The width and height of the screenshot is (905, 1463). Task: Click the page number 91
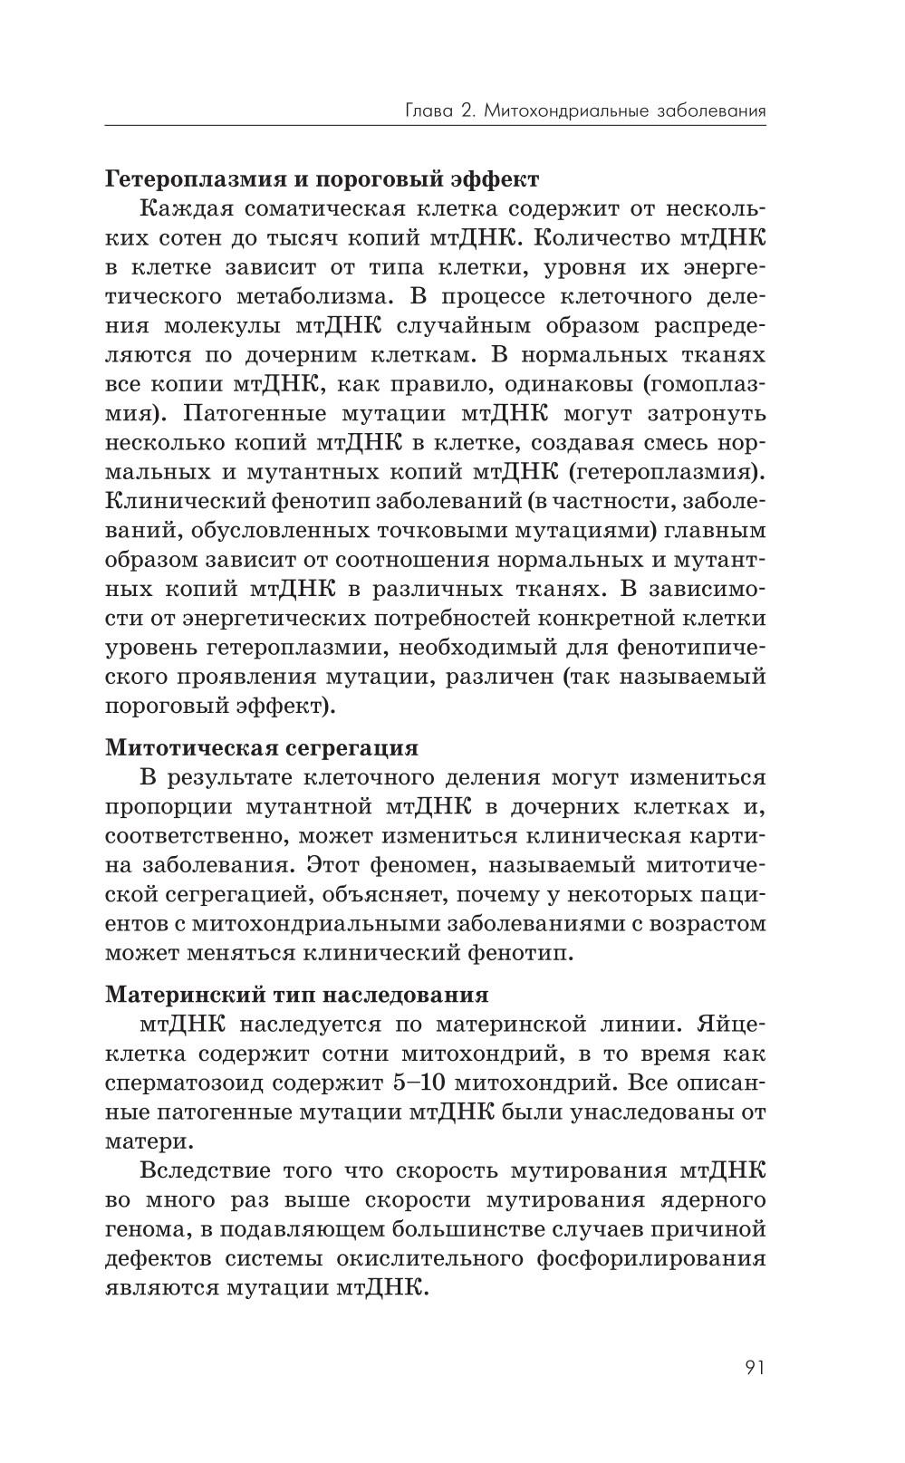(755, 1367)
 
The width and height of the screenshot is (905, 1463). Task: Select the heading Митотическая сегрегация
(262, 747)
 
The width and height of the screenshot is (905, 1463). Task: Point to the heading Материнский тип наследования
(296, 994)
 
